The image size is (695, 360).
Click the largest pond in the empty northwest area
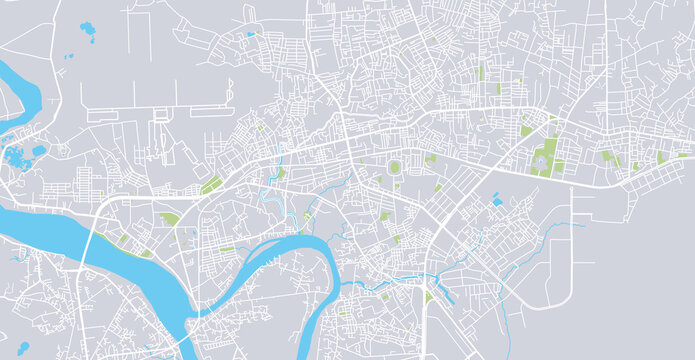[87, 34]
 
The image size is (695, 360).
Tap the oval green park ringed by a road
[394, 167]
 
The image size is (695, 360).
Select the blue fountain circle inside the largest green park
[543, 157]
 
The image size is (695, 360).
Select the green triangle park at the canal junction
[429, 297]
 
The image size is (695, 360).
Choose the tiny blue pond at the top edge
[250, 35]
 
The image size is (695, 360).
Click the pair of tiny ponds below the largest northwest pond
[70, 56]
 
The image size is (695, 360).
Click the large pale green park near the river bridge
[169, 218]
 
